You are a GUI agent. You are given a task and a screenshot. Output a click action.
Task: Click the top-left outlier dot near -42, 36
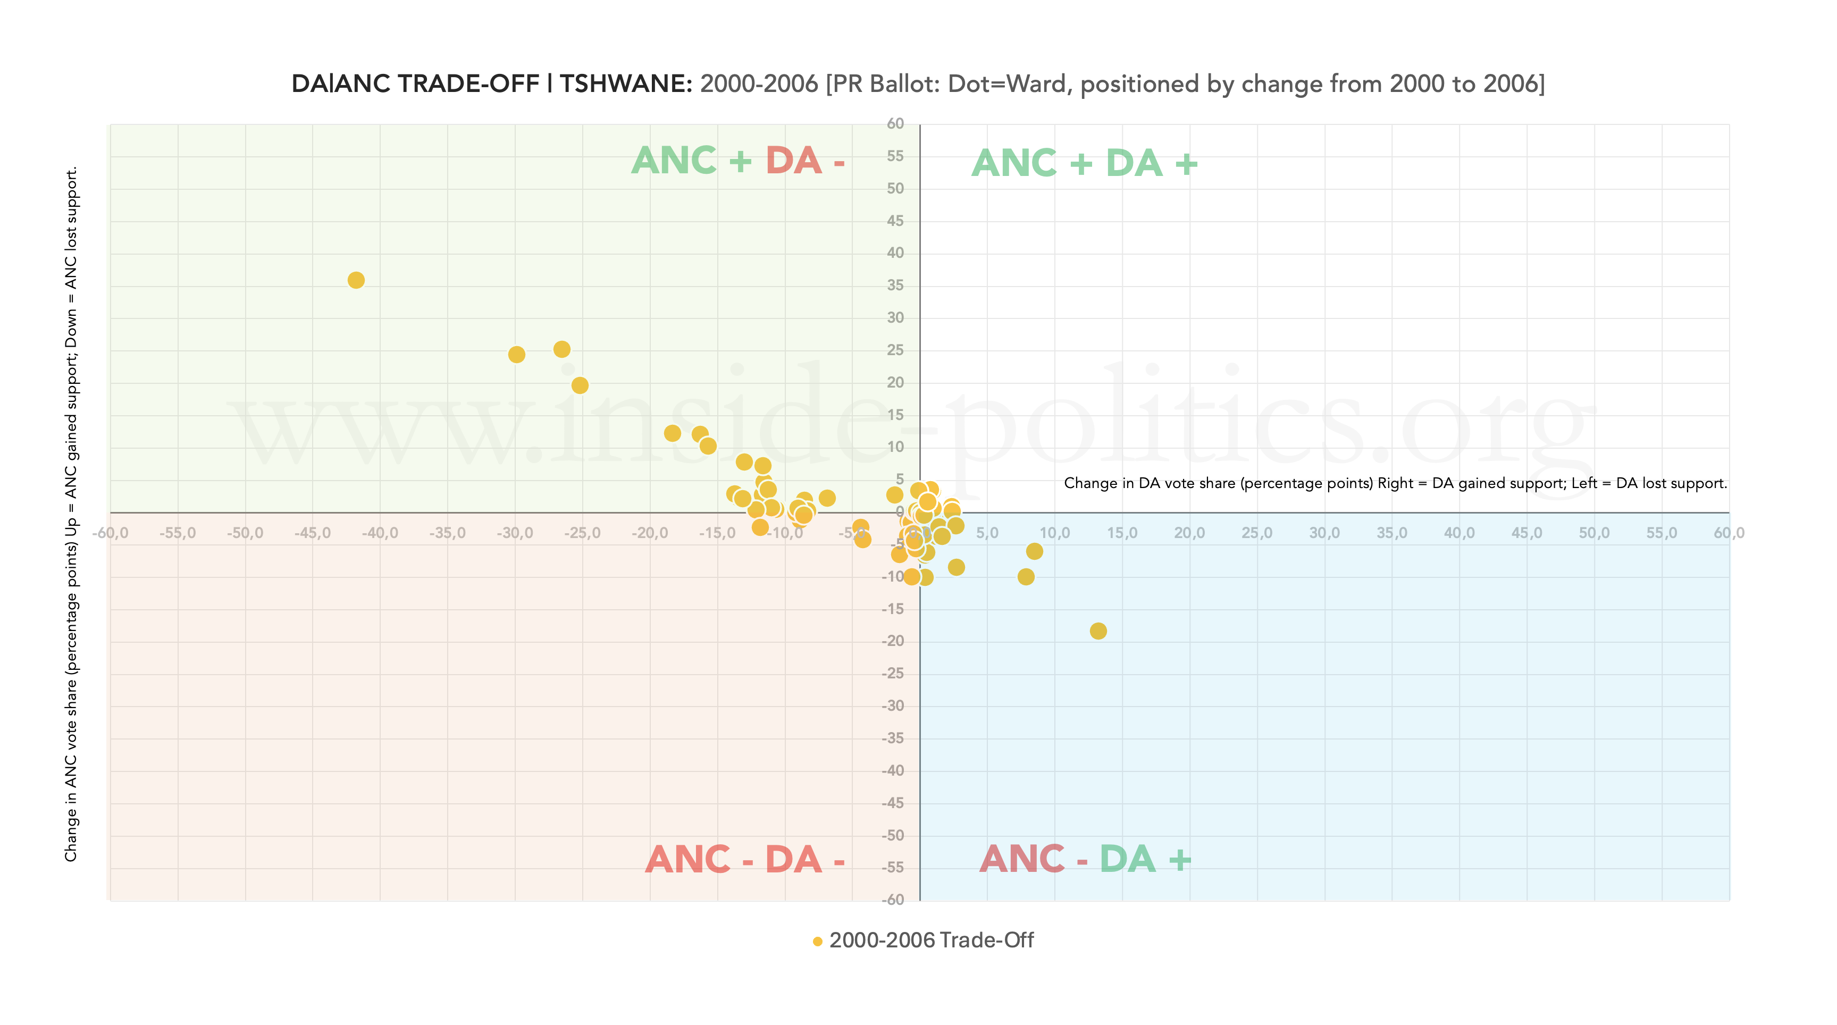356,280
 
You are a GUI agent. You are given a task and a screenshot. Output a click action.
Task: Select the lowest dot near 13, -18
1098,631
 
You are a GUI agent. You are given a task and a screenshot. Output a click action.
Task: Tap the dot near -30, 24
516,355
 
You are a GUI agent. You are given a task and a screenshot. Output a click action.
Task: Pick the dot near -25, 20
580,385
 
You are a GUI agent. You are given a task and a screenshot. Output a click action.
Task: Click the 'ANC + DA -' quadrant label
738,161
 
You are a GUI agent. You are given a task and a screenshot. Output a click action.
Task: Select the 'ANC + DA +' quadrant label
1084,163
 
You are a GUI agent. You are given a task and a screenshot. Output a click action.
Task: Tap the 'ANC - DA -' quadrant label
744,860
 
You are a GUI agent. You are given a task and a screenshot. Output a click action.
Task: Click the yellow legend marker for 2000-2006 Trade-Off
817,942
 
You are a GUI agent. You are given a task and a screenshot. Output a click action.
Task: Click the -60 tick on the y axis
893,900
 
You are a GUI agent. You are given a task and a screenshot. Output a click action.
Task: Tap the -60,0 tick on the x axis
111,533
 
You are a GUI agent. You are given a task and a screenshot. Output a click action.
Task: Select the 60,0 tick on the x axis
1729,533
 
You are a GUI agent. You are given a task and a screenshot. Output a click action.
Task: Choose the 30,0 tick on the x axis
1324,533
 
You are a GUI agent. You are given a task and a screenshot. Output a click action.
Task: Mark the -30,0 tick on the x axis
515,533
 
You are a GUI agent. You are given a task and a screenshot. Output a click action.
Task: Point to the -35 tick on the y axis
893,738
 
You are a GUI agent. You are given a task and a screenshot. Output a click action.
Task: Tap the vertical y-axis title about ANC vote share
71,514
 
